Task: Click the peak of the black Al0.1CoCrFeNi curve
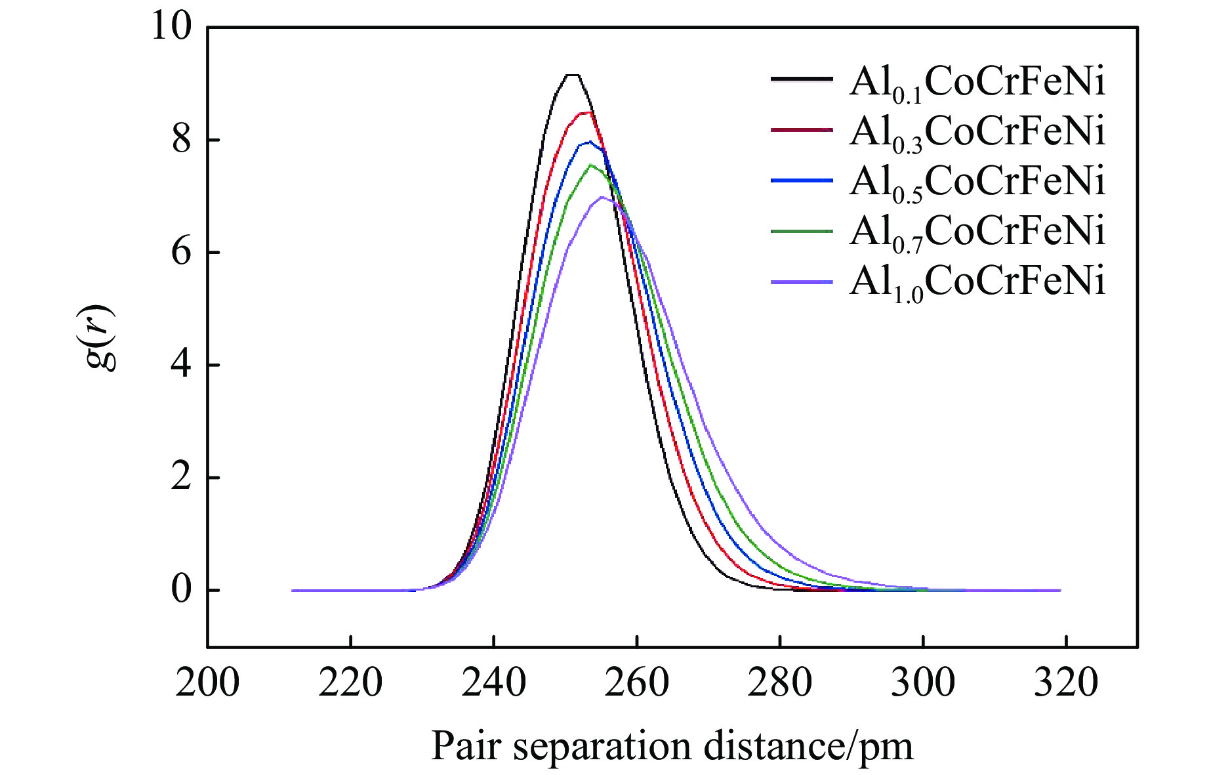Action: (573, 75)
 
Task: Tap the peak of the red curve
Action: (588, 113)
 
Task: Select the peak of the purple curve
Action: (602, 197)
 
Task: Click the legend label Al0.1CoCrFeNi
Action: (977, 84)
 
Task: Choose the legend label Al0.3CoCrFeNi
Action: (977, 133)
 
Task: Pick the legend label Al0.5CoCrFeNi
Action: (977, 182)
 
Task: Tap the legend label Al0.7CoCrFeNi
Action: (977, 232)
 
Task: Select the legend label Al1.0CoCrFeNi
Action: (977, 282)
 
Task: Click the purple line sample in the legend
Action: (802, 282)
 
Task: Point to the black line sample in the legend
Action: (802, 79)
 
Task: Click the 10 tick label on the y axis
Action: (171, 28)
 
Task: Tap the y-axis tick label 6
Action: (181, 253)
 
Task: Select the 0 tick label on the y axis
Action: (181, 590)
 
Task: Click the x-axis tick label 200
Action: (207, 683)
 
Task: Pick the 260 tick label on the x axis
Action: (636, 683)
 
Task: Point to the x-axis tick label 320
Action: (1065, 683)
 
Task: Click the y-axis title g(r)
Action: (101, 337)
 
